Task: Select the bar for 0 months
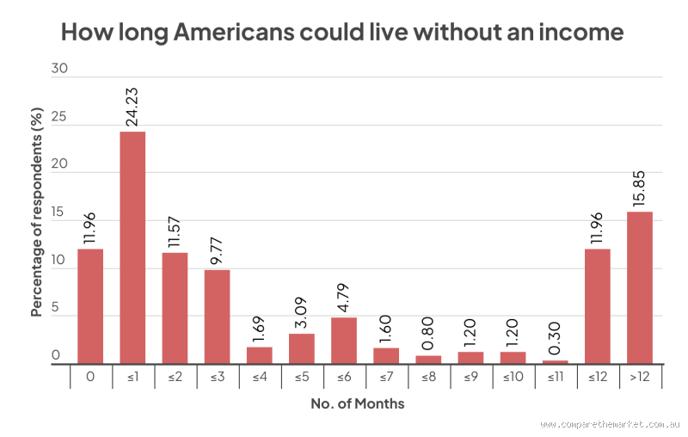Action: click(90, 306)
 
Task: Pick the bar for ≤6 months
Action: click(344, 341)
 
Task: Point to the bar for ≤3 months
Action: click(217, 317)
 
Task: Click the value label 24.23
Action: click(133, 105)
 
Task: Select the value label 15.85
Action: click(640, 186)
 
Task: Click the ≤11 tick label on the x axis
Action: click(555, 376)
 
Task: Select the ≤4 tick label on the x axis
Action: click(260, 376)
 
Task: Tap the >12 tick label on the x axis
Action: click(639, 376)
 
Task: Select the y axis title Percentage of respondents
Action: click(37, 211)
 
